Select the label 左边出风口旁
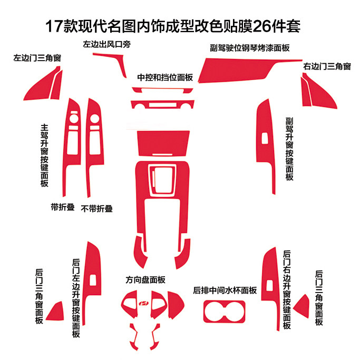point(106,45)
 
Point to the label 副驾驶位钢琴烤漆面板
point(250,48)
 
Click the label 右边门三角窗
point(327,66)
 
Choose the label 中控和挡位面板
point(165,77)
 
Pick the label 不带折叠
point(97,208)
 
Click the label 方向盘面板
point(145,279)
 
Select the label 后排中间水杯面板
point(225,290)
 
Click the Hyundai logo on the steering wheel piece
point(143,304)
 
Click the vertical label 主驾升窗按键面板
point(44,155)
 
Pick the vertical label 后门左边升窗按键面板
point(76,298)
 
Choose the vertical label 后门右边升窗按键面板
point(287,290)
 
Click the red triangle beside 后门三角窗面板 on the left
point(55,311)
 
